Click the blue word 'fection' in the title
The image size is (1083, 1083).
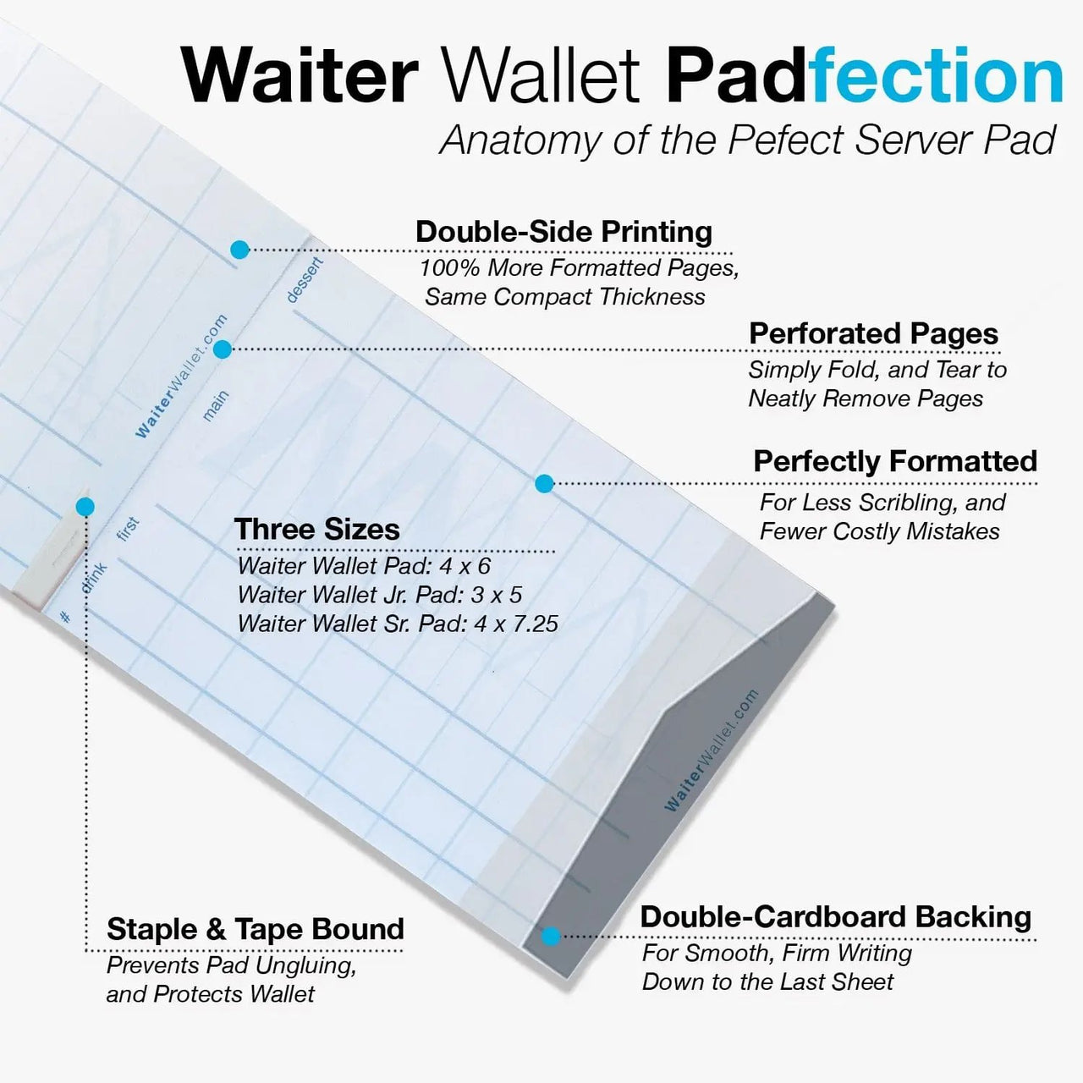pyautogui.click(x=935, y=76)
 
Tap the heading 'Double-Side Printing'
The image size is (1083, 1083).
pyautogui.click(x=563, y=232)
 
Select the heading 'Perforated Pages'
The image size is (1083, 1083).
pyautogui.click(x=873, y=333)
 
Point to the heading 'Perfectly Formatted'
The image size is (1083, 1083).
pyautogui.click(x=895, y=461)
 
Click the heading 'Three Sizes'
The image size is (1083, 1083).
pyautogui.click(x=316, y=529)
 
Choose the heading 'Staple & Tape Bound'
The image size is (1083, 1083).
pyautogui.click(x=255, y=929)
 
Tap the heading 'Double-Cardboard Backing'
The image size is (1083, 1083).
pyautogui.click(x=835, y=916)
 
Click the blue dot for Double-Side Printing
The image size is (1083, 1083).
pyautogui.click(x=239, y=250)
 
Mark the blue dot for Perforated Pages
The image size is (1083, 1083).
pyautogui.click(x=223, y=349)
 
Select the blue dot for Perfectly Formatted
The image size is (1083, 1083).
pyautogui.click(x=544, y=483)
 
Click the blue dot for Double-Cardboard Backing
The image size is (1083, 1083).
pyautogui.click(x=551, y=936)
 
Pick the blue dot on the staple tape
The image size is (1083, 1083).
pyautogui.click(x=85, y=507)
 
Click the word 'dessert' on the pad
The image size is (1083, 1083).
pyautogui.click(x=305, y=280)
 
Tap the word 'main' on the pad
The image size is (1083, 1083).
pyautogui.click(x=216, y=405)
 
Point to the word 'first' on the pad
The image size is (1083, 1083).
pyautogui.click(x=128, y=530)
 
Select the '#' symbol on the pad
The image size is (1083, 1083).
pyautogui.click(x=65, y=617)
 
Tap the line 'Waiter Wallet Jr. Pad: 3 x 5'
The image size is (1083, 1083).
pyautogui.click(x=379, y=595)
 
